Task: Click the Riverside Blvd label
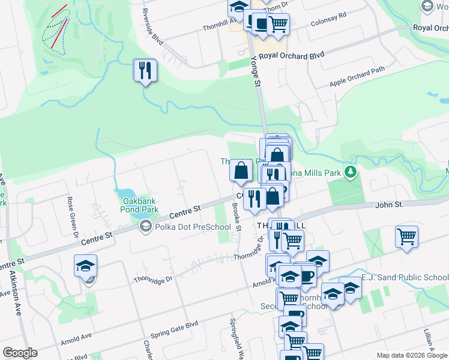pyautogui.click(x=152, y=24)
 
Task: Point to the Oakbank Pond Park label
pyautogui.click(x=140, y=205)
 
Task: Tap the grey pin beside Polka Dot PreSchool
pyautogui.click(x=145, y=227)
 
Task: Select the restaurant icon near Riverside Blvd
pyautogui.click(x=145, y=71)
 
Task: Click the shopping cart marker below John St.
pyautogui.click(x=406, y=236)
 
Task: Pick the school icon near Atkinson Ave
pyautogui.click(x=85, y=265)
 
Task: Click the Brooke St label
pyautogui.click(x=237, y=217)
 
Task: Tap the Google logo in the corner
pyautogui.click(x=20, y=353)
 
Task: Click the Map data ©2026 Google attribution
pyautogui.click(x=412, y=355)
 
